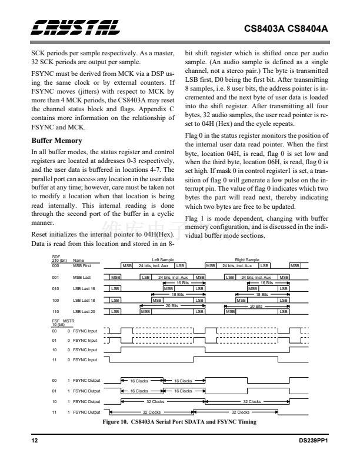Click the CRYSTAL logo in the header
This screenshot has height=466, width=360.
coord(75,28)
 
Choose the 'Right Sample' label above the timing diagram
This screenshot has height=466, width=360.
coord(246,259)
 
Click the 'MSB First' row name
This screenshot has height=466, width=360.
coord(82,266)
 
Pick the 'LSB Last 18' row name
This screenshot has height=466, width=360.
coord(84,299)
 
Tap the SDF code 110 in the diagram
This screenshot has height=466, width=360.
coord(56,311)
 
